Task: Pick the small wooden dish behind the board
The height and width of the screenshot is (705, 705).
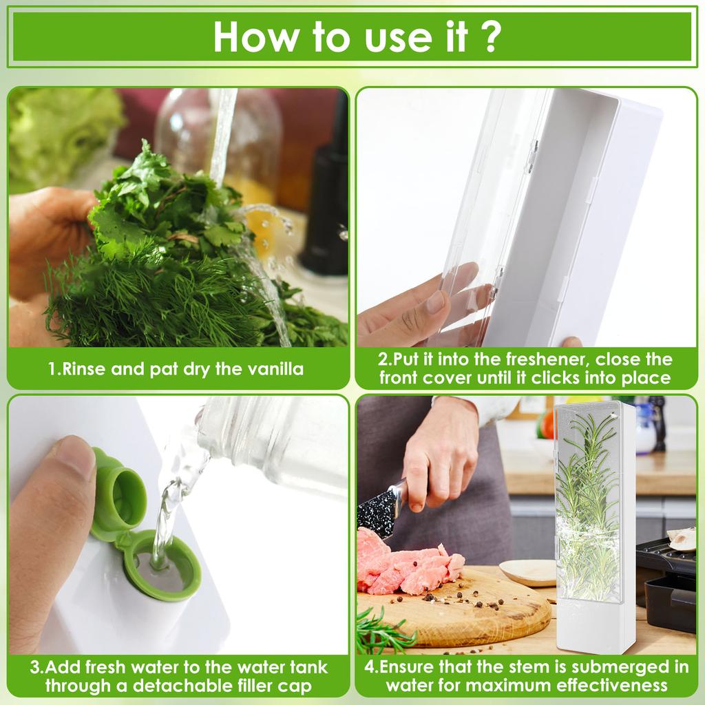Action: tap(527, 571)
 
